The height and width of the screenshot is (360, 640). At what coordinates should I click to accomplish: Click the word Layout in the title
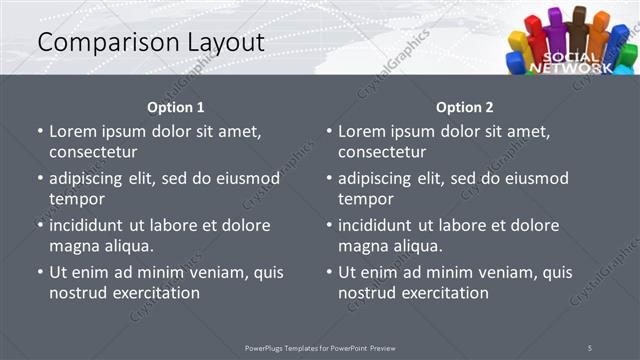click(x=222, y=43)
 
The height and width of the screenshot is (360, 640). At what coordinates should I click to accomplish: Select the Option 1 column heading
click(x=176, y=107)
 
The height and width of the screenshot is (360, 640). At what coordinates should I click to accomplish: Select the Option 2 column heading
click(x=465, y=107)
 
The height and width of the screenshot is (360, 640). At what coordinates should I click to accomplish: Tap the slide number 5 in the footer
click(x=590, y=347)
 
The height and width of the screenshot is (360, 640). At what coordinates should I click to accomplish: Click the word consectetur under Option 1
click(x=92, y=152)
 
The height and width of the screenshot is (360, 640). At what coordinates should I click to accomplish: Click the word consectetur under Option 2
click(x=381, y=152)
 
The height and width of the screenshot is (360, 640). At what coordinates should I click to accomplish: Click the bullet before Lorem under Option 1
click(x=40, y=132)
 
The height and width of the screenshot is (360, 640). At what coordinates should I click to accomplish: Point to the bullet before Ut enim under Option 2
click(x=329, y=272)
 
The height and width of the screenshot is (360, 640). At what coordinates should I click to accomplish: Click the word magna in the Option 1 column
click(x=72, y=245)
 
